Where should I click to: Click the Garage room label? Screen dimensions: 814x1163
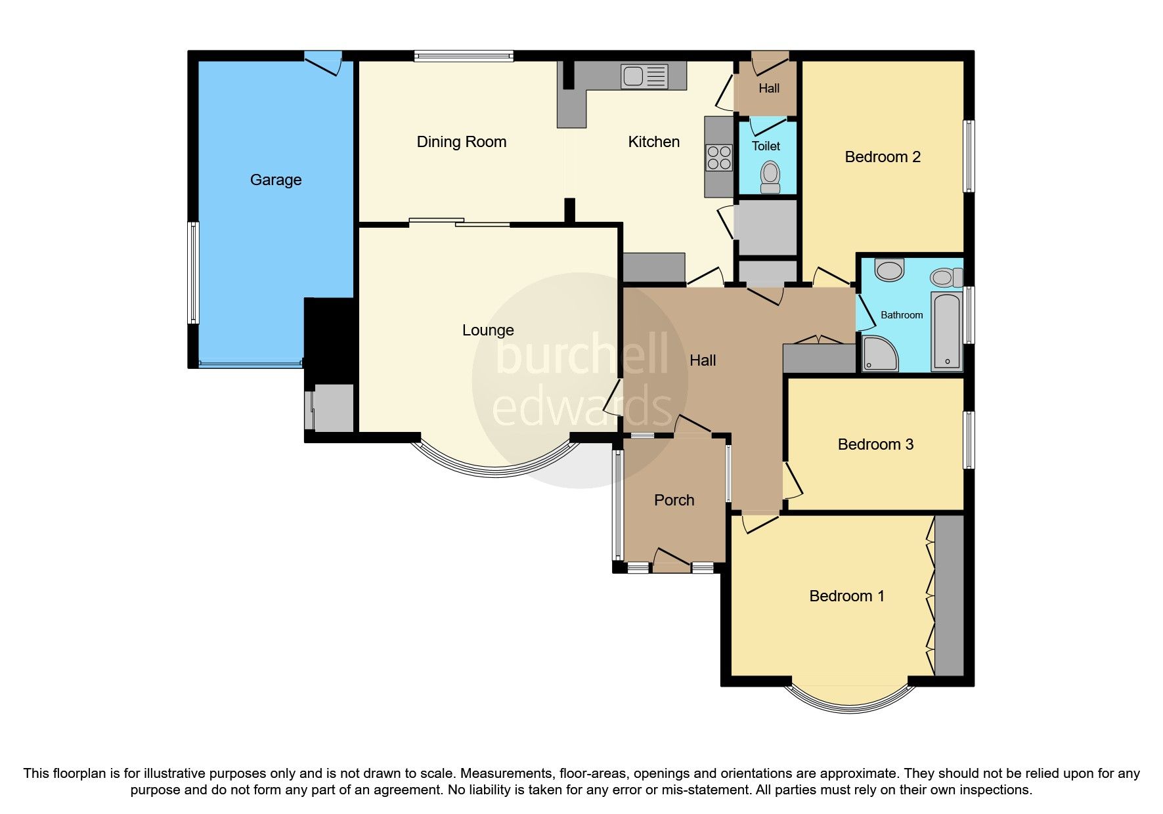276,180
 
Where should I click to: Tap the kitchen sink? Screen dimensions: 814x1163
644,76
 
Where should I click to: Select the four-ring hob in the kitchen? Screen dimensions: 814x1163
718,157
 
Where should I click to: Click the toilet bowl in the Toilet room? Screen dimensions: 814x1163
770,175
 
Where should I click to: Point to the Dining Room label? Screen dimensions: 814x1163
462,142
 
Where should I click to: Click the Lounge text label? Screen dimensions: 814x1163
488,330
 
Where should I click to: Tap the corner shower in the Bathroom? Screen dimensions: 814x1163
879,354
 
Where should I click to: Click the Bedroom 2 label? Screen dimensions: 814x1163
883,157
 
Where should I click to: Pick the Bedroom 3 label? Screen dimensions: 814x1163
875,444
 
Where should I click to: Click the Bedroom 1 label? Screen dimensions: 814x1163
846,596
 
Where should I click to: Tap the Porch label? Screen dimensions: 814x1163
674,500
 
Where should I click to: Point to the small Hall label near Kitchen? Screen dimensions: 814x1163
769,88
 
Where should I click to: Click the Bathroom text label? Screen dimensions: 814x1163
902,315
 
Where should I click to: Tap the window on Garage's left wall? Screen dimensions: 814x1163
193,272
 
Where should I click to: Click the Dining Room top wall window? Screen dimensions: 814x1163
464,56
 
